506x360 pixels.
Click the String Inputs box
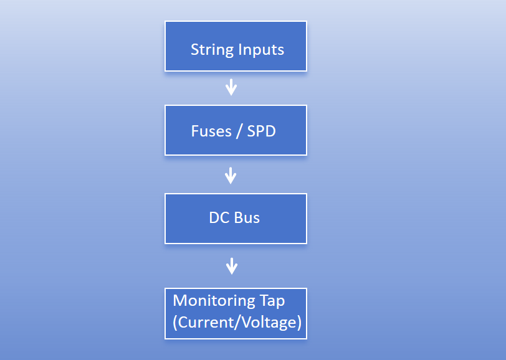(236, 46)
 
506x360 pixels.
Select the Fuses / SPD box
(236, 130)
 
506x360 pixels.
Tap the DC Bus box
(236, 219)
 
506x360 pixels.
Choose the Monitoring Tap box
(236, 313)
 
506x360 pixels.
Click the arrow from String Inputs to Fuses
(231, 87)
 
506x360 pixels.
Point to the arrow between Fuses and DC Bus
(231, 176)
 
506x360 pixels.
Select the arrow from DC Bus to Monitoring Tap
(232, 266)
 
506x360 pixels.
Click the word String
(212, 50)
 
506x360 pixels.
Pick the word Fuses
(211, 131)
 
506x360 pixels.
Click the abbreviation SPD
(261, 131)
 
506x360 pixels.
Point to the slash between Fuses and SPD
(239, 131)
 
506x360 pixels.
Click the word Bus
(247, 218)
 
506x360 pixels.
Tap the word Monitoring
(214, 301)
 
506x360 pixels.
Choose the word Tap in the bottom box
(272, 301)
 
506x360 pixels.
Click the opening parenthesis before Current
(175, 322)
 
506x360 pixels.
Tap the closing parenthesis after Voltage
(299, 322)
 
